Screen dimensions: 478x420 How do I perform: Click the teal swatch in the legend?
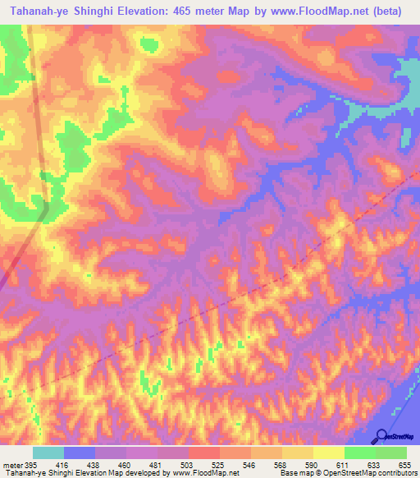pos(48,453)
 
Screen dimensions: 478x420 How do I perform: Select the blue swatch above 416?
pos(80,453)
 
